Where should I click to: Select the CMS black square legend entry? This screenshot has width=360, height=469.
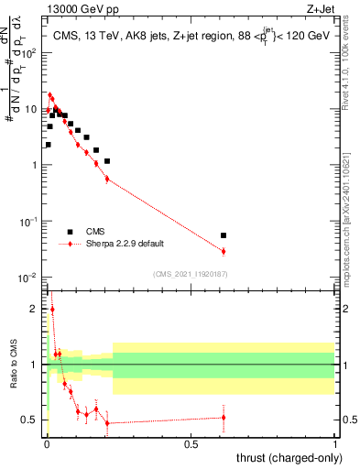pos(70,232)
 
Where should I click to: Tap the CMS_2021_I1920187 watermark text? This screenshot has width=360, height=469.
pos(191,274)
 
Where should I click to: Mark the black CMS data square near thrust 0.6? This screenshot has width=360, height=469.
pos(224,235)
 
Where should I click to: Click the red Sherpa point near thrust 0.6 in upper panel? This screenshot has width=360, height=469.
pos(224,251)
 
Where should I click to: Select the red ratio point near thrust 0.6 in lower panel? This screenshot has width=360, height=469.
pos(224,418)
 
